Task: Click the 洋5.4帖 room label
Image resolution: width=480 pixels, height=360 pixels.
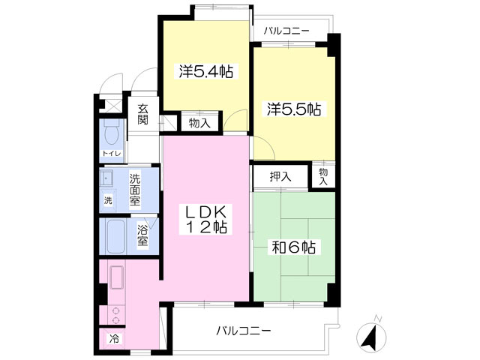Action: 205,72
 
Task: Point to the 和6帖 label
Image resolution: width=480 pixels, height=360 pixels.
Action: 292,247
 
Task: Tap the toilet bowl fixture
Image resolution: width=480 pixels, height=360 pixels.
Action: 111,134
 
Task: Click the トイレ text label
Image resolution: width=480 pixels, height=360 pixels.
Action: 111,154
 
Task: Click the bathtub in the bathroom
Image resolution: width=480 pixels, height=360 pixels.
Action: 116,236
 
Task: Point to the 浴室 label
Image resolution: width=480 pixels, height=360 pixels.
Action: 142,236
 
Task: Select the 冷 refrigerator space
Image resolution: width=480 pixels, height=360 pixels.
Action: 114,338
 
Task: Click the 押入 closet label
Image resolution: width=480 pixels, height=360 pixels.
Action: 280,177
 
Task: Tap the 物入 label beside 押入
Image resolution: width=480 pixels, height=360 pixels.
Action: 323,176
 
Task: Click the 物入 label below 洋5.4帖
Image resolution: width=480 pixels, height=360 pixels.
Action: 199,122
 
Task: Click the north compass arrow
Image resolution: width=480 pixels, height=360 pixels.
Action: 370,337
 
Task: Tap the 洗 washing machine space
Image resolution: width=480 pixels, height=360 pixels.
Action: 107,201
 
